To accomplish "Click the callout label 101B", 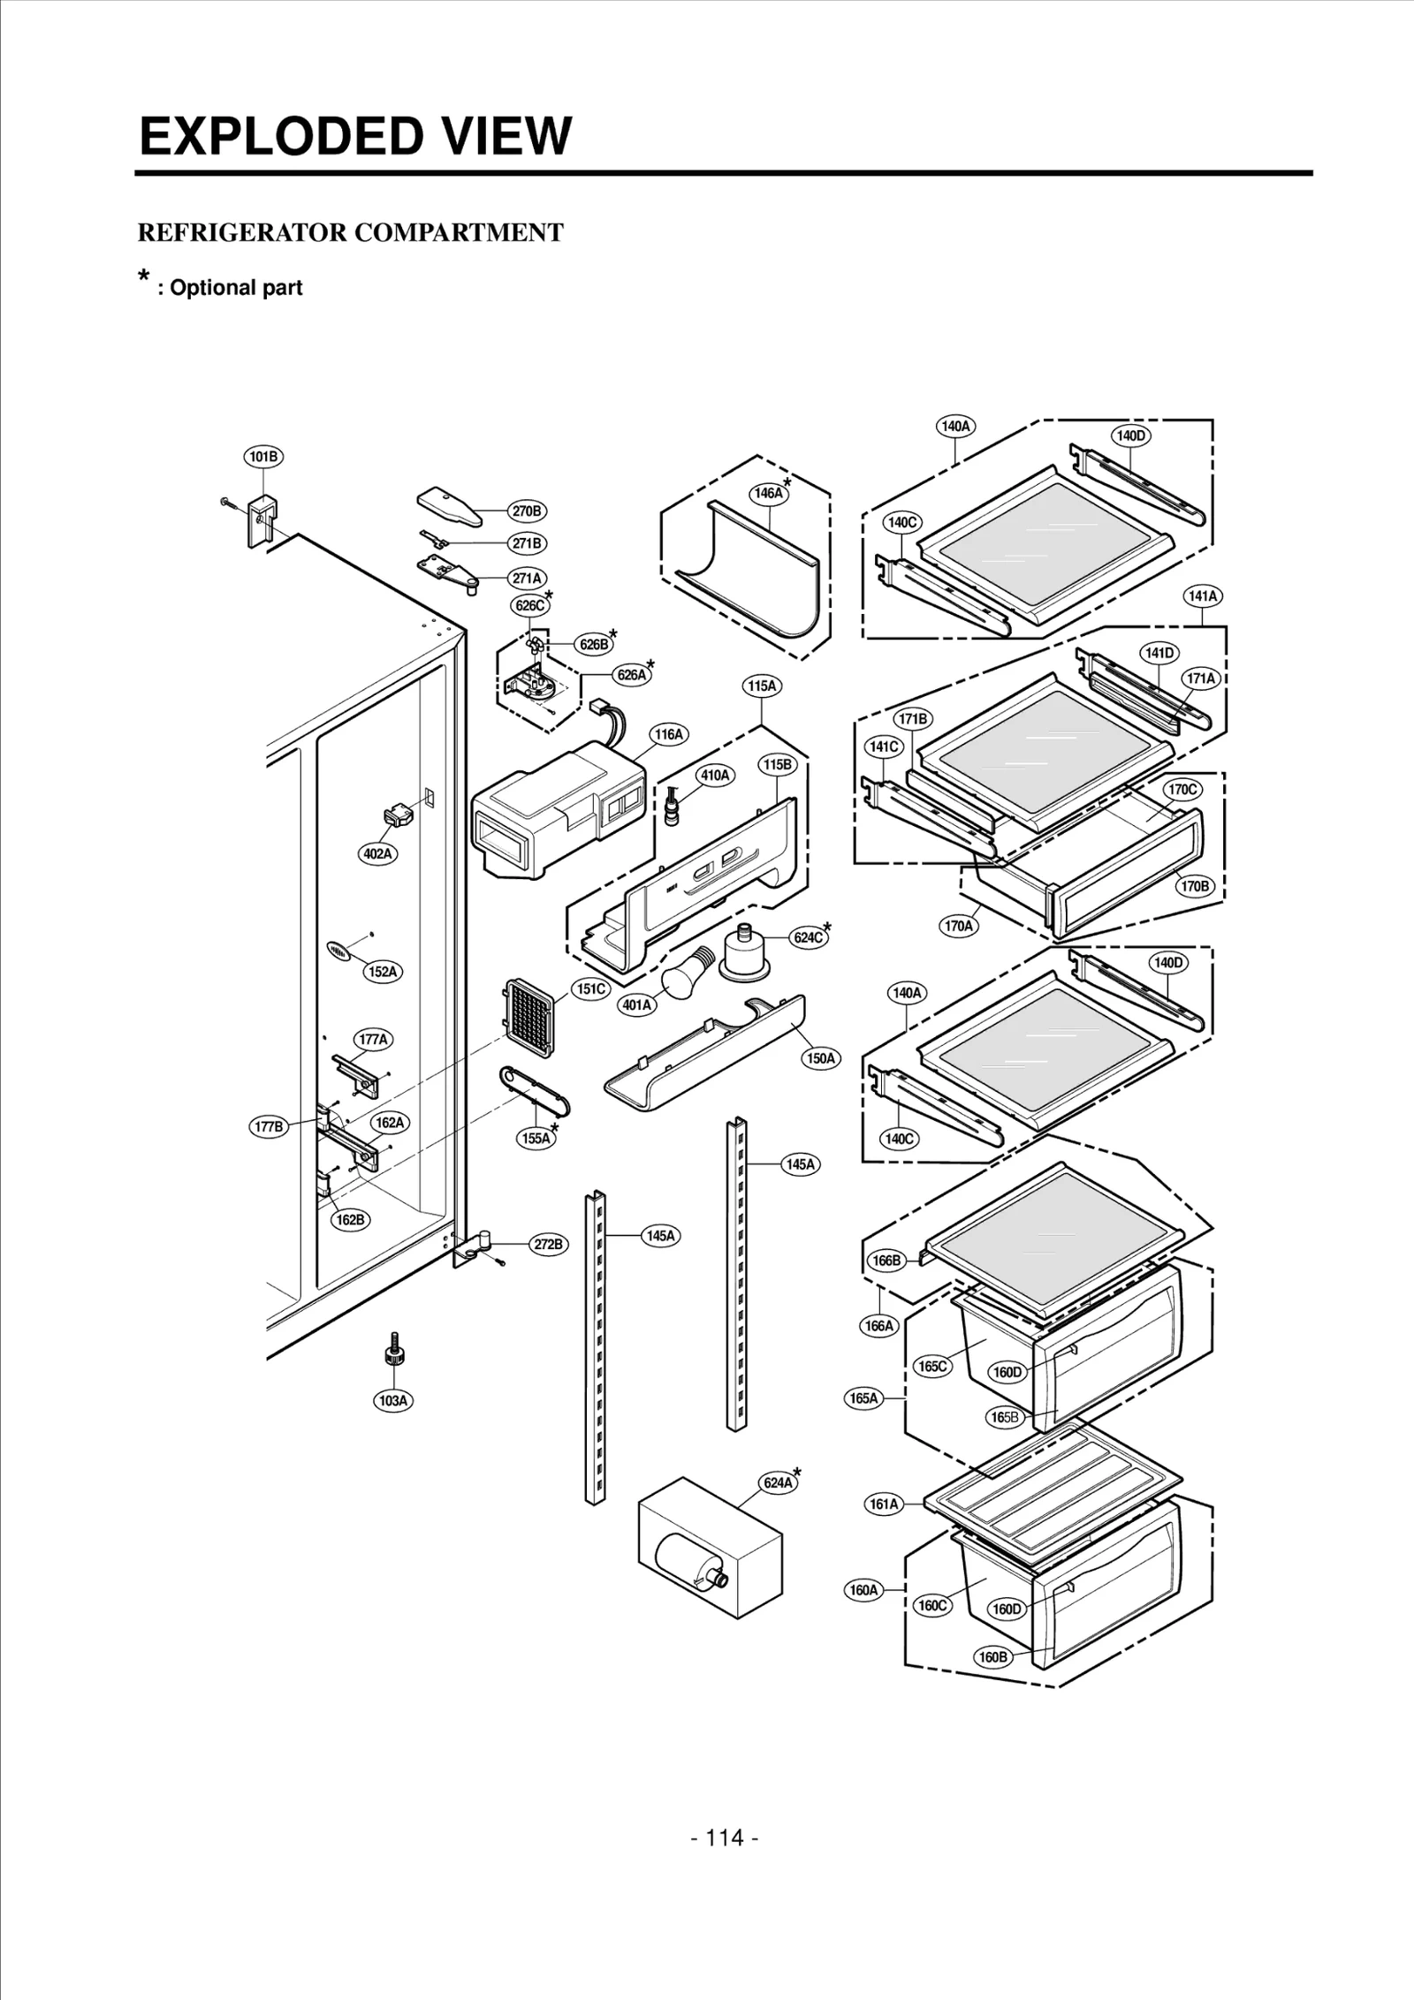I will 263,457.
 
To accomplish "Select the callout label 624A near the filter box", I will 778,1482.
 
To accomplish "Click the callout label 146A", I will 767,493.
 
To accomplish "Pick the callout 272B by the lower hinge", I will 548,1245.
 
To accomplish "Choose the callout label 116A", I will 668,734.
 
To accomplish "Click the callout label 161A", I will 884,1504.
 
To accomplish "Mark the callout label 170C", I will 1182,790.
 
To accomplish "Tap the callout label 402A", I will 377,854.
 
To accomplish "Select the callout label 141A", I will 1203,596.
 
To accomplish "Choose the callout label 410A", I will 715,775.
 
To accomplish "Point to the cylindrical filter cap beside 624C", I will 744,952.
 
